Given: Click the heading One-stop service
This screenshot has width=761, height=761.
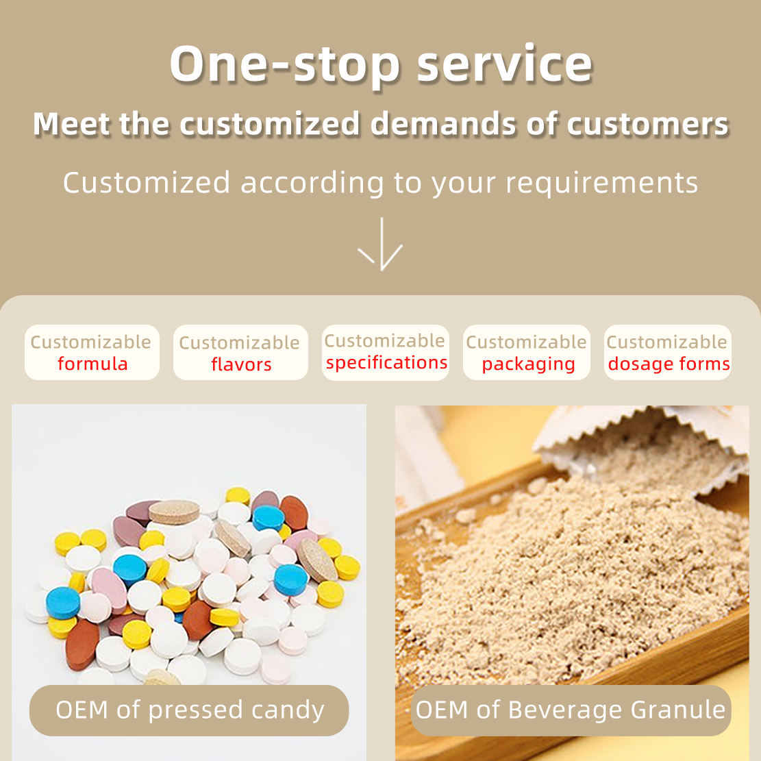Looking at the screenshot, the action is (x=381, y=64).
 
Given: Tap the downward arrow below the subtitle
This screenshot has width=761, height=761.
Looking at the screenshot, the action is (x=382, y=244).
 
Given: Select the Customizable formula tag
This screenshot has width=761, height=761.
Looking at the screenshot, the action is (x=92, y=352).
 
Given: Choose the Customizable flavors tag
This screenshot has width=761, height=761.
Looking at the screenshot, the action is (x=240, y=352).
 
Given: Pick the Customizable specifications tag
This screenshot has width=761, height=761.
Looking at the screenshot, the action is (x=386, y=352).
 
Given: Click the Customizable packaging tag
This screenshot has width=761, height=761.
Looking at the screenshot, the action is (x=527, y=352).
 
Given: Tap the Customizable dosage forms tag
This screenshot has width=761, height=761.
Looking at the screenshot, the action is (x=668, y=352).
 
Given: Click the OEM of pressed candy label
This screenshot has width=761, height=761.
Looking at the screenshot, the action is (x=189, y=710).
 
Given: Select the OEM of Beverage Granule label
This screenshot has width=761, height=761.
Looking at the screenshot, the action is (x=571, y=710).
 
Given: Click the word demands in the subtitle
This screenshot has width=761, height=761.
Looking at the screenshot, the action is (x=443, y=124).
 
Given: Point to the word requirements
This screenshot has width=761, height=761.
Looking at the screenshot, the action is (x=602, y=184).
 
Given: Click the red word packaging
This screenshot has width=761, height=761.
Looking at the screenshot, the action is (x=529, y=364).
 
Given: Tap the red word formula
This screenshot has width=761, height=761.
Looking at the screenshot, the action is (x=92, y=364).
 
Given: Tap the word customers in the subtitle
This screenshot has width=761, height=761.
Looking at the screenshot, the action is (x=648, y=124).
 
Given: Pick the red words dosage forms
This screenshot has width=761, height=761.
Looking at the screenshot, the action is (x=669, y=364).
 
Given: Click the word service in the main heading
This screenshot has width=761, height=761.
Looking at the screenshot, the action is (x=505, y=64).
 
